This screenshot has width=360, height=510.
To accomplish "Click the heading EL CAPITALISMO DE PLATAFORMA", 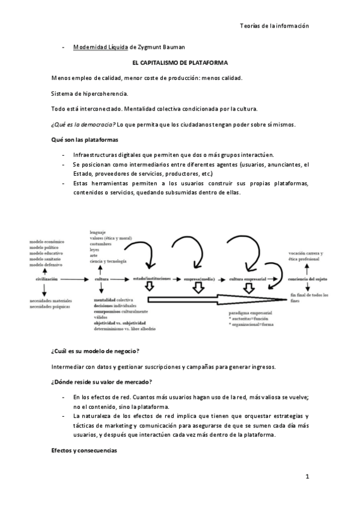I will [180, 63].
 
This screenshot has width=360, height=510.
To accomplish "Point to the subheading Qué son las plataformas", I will [84, 140].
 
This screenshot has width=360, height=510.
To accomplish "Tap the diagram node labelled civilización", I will [46, 279].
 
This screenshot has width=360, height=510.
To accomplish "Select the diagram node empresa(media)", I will [200, 279].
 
